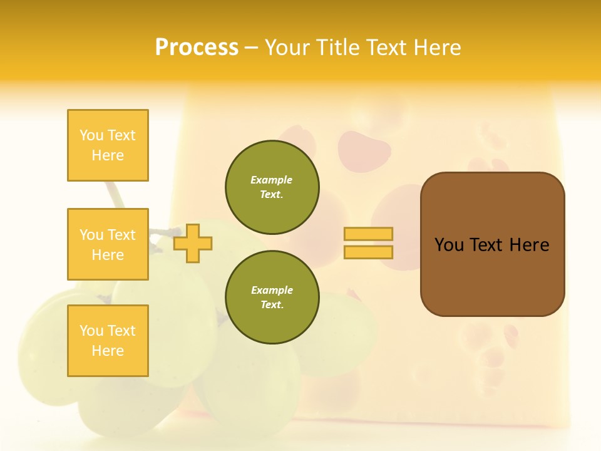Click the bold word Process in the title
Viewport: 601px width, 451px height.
tap(197, 48)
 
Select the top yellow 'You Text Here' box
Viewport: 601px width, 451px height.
tap(108, 145)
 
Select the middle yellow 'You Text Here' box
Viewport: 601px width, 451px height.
tap(108, 244)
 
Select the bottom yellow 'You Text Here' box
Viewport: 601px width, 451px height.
tap(108, 341)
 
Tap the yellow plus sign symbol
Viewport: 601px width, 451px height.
tap(193, 242)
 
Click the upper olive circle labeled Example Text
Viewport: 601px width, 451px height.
tap(272, 187)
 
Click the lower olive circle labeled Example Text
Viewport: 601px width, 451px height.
tap(272, 298)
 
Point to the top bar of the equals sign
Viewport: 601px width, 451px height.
tap(368, 234)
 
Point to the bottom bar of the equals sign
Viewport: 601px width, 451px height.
tap(368, 252)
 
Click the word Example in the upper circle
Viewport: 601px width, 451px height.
tap(271, 180)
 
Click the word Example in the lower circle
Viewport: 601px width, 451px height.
tap(272, 290)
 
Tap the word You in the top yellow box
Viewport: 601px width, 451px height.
tap(91, 135)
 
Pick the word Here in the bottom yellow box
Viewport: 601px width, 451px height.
tap(108, 351)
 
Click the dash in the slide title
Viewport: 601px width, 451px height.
tap(252, 48)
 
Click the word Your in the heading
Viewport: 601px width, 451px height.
tap(287, 48)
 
